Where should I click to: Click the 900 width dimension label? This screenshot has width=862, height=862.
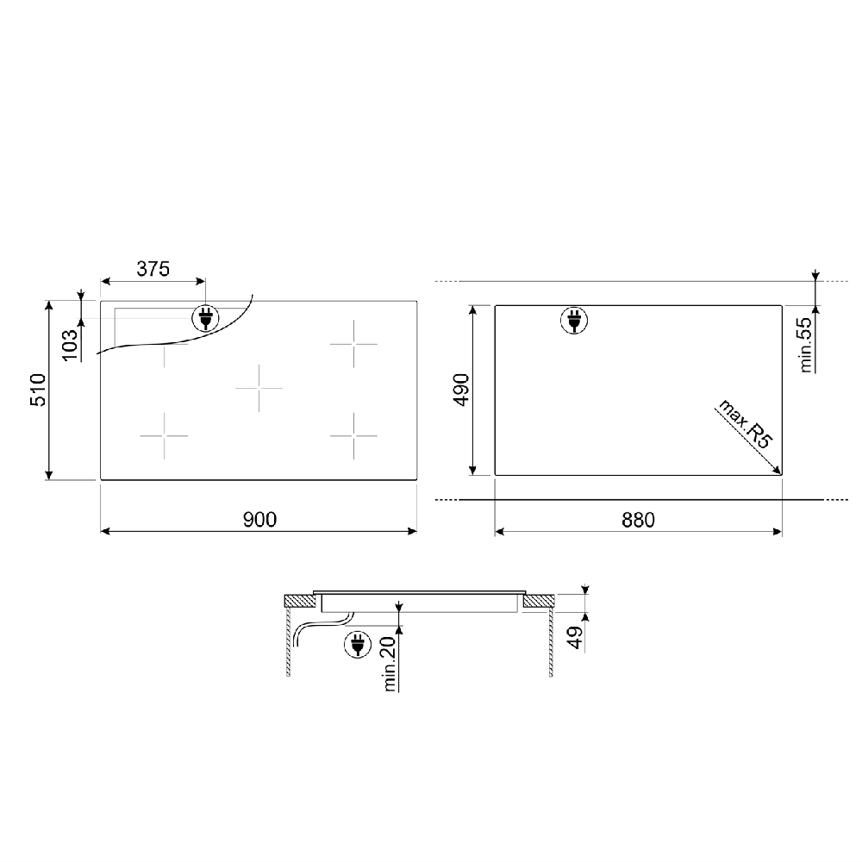(x=259, y=520)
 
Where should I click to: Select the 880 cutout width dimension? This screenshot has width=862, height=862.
(x=638, y=520)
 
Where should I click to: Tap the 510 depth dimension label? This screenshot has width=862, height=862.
(x=38, y=390)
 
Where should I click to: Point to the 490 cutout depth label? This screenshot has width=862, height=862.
(x=460, y=390)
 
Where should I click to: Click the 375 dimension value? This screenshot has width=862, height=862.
(x=153, y=269)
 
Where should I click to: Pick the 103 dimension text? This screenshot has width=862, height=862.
(x=70, y=345)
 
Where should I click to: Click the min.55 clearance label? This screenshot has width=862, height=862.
(x=805, y=345)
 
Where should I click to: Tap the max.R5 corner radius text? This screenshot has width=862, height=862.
(x=746, y=424)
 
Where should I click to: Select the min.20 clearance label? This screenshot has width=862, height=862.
(x=390, y=664)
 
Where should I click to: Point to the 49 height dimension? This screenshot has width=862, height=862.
(x=575, y=637)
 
